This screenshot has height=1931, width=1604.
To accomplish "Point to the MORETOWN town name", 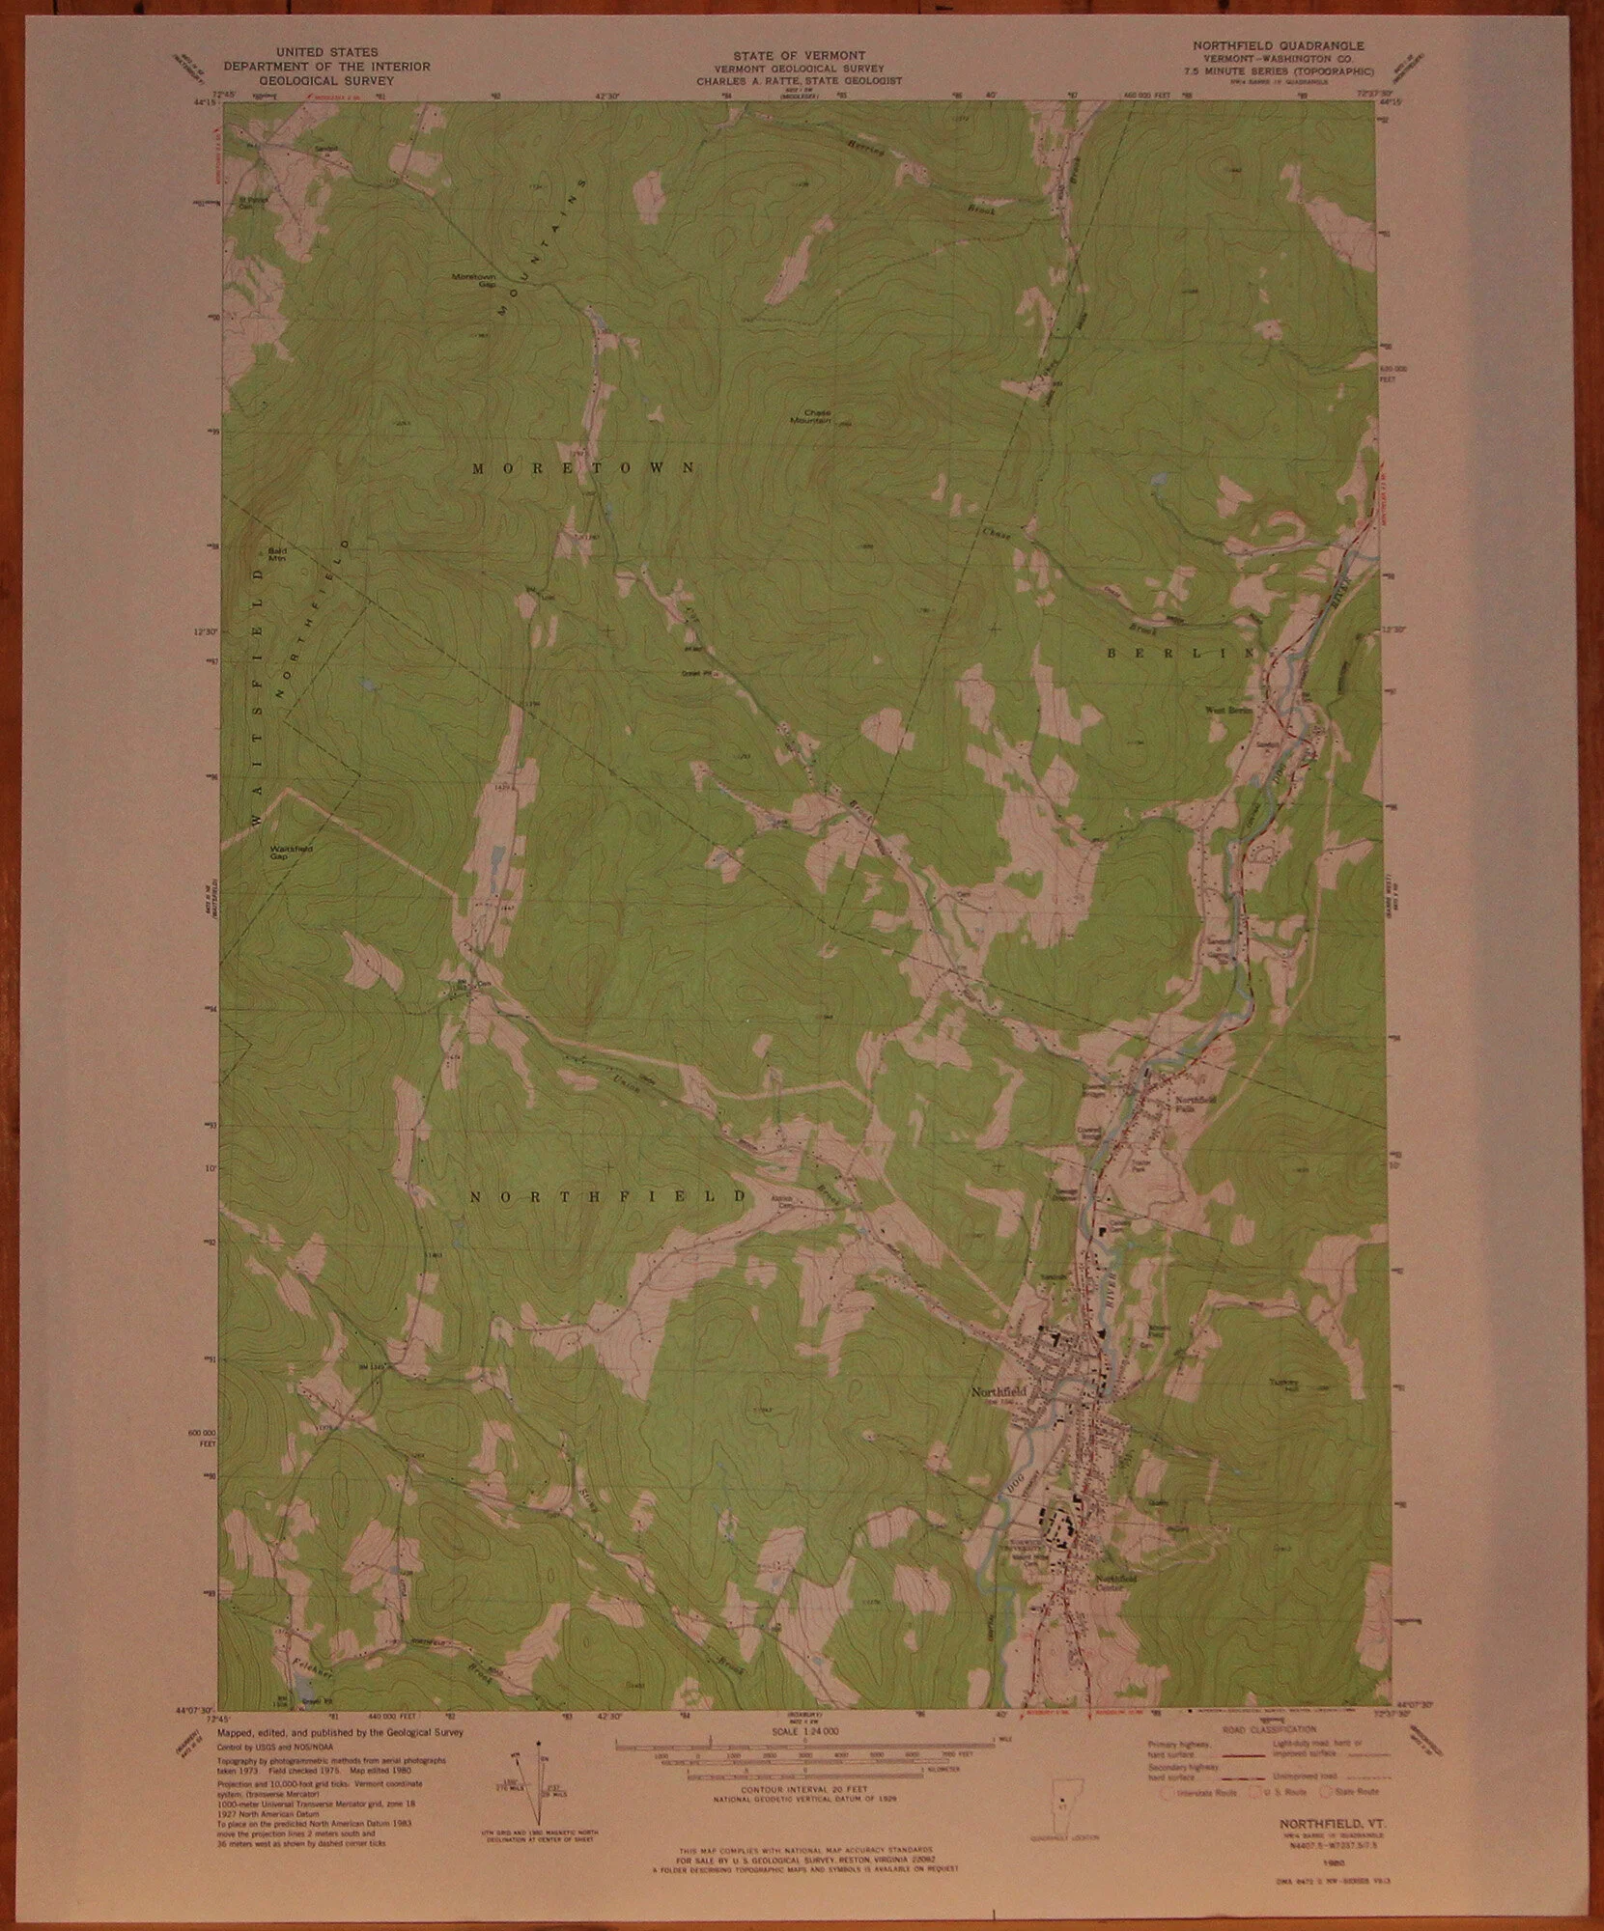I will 583,468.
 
